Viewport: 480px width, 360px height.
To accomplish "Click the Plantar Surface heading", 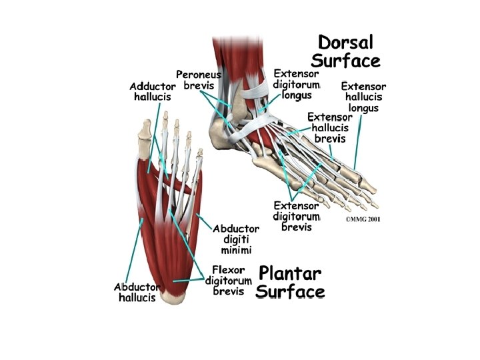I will pyautogui.click(x=291, y=283).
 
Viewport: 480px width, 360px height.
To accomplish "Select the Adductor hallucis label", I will pyautogui.click(x=153, y=91).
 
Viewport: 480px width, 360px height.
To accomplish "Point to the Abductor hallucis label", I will pyautogui.click(x=137, y=291).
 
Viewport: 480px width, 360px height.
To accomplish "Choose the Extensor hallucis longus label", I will pyautogui.click(x=363, y=97).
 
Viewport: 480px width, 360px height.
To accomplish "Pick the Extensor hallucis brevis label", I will pyautogui.click(x=329, y=127).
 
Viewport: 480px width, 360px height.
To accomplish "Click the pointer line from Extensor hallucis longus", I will pyautogui.click(x=358, y=140).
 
